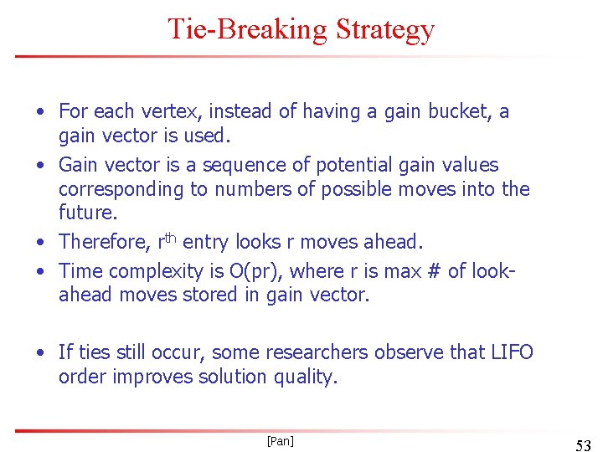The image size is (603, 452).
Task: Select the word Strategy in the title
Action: point(384,29)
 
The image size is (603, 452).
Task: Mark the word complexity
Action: point(152,270)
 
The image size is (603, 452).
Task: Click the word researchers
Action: point(334,352)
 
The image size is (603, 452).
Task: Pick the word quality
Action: point(306,377)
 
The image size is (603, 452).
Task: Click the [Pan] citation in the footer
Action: point(280,440)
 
